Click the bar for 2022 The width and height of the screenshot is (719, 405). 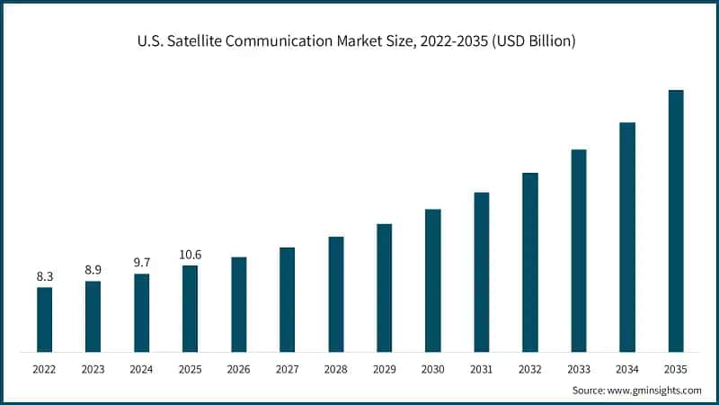click(44, 319)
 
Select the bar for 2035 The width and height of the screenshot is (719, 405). click(676, 220)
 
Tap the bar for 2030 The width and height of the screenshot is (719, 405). click(433, 280)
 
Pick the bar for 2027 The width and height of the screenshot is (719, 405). click(287, 299)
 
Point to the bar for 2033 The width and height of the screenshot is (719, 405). click(579, 250)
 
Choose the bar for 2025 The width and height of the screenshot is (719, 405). click(190, 309)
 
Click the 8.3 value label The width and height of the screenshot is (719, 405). click(44, 277)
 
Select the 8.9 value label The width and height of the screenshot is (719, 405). click(93, 270)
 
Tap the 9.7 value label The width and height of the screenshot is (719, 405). click(141, 262)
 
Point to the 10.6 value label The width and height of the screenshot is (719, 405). click(190, 255)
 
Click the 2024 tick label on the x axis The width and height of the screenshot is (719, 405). click(141, 369)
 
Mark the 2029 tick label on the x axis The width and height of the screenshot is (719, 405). click(385, 369)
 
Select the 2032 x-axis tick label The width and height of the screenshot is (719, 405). click(530, 369)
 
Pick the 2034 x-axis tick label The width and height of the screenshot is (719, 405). click(627, 369)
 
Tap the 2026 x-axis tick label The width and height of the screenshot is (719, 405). click(238, 369)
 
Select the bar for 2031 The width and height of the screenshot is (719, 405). click(482, 272)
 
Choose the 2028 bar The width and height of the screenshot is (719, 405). click(336, 293)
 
